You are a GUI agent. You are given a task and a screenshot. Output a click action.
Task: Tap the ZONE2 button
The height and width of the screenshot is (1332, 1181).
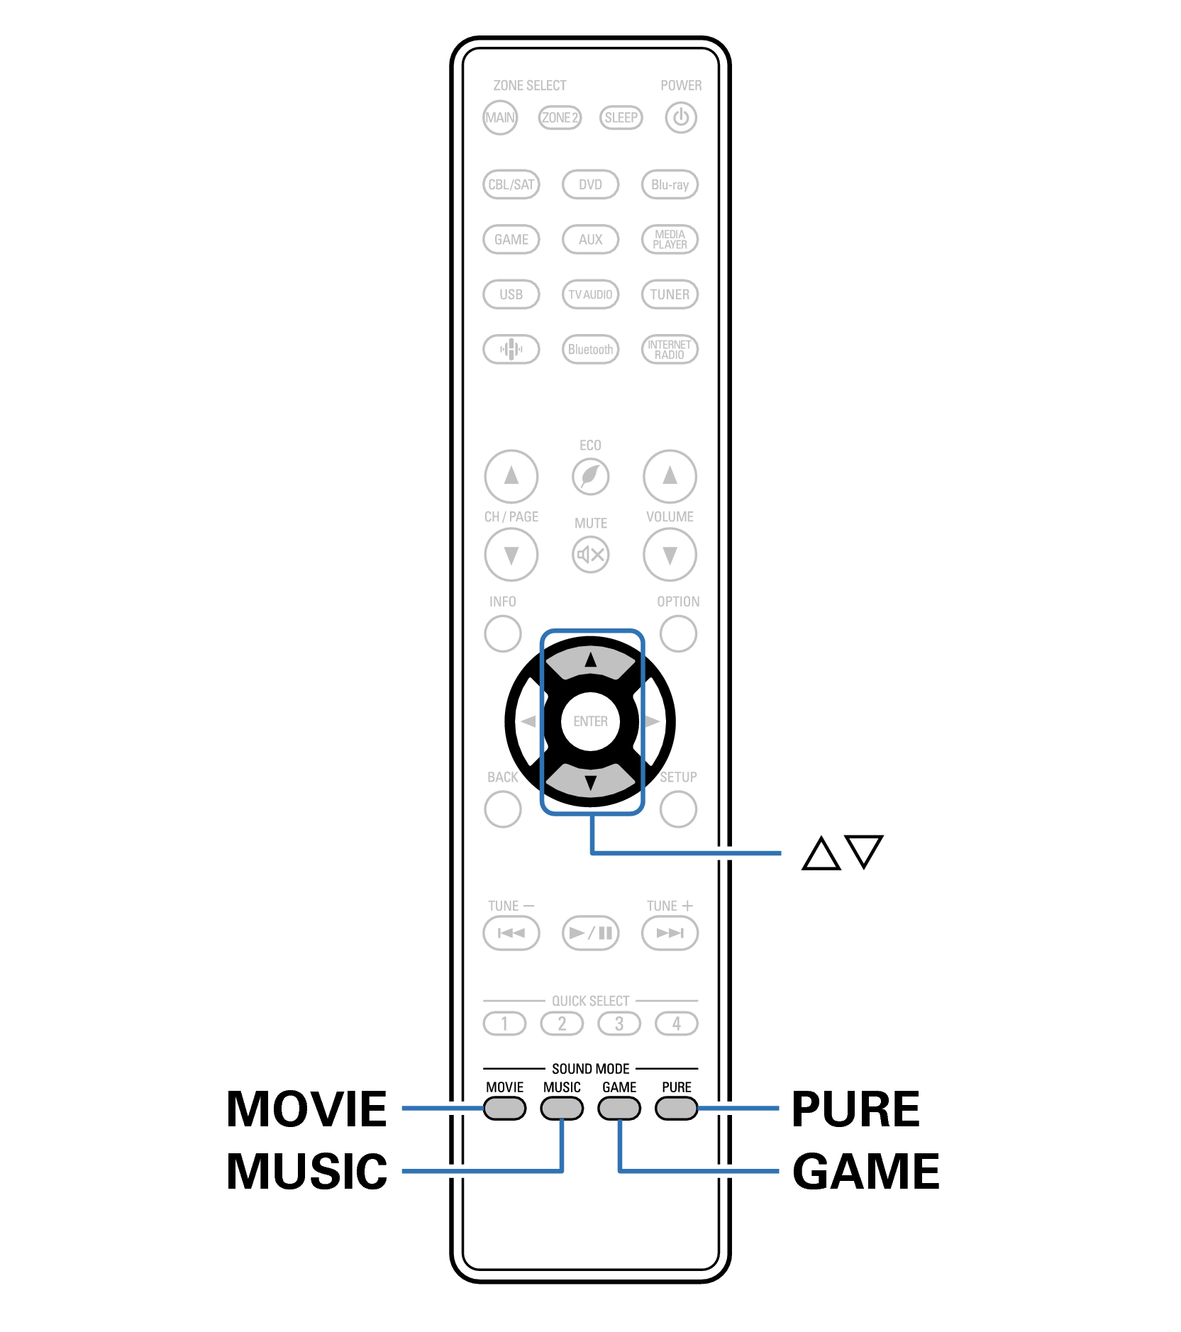(560, 118)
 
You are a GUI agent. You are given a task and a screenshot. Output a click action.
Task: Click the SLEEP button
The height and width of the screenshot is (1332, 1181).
(621, 118)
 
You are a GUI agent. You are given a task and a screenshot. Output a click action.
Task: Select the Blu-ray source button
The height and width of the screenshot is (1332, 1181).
(670, 184)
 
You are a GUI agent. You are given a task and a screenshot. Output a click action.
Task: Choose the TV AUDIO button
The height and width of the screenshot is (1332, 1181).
(590, 294)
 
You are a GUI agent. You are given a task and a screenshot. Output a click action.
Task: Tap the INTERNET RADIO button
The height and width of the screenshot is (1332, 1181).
(670, 349)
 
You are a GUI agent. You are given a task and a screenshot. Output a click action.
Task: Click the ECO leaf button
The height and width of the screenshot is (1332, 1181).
(590, 476)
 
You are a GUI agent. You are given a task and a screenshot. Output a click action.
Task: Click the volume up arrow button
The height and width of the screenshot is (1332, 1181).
(670, 476)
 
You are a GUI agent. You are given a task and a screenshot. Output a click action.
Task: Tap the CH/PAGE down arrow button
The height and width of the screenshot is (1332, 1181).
(511, 554)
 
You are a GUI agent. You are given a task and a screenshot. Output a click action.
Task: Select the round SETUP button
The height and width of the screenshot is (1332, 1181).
(678, 809)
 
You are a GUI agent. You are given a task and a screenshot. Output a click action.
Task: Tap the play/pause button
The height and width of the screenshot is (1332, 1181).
(590, 933)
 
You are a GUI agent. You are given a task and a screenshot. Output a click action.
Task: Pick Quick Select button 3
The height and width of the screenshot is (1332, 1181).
(619, 1023)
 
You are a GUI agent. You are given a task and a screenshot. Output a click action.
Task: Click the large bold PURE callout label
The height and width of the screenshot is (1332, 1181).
(855, 1109)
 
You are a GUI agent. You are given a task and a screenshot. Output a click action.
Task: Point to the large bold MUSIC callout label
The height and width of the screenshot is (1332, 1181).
(306, 1171)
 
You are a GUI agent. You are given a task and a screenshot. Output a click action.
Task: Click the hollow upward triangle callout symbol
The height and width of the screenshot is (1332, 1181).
(821, 853)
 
